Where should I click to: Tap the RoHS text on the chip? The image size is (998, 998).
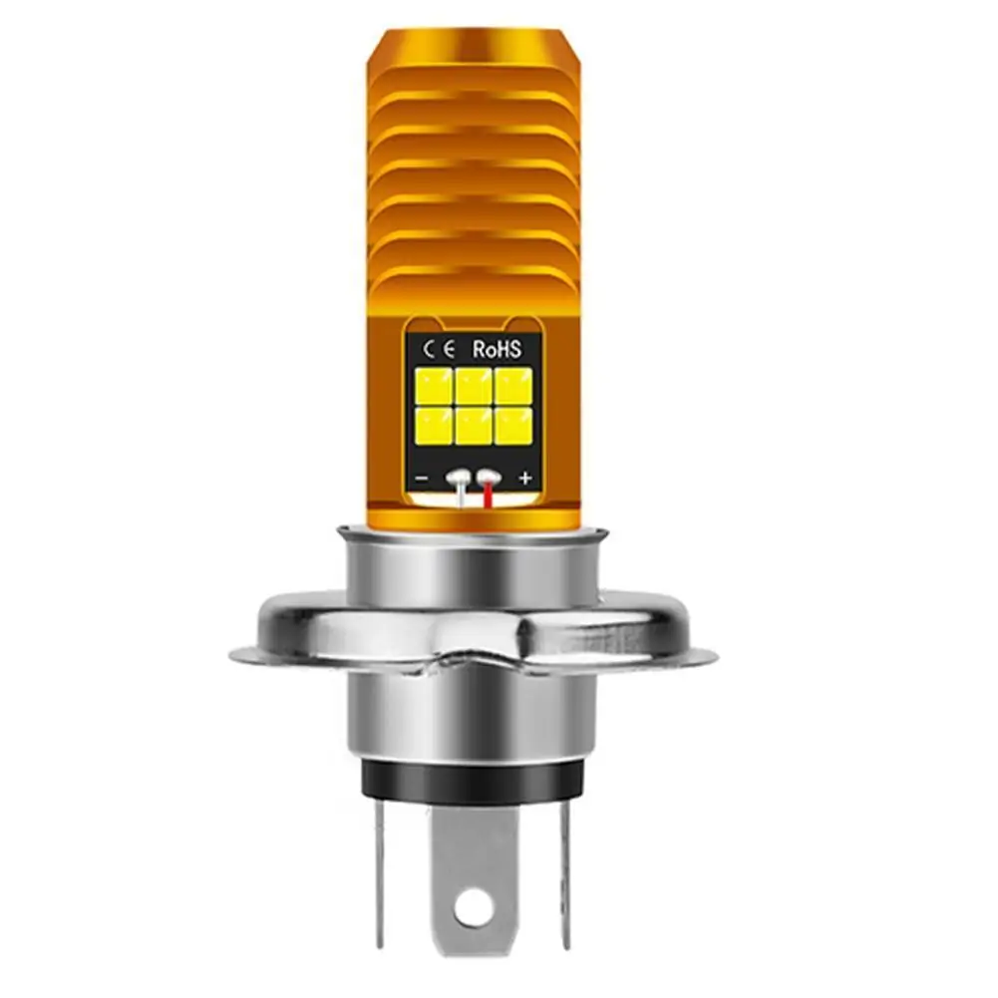[x=504, y=348]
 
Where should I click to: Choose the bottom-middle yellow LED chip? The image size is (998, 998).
[x=474, y=426]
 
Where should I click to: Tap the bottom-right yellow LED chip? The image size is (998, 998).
[x=514, y=426]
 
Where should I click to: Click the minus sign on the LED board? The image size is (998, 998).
[x=422, y=479]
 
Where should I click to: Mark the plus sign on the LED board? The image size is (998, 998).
[x=525, y=479]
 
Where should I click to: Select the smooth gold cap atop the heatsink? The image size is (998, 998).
[x=475, y=50]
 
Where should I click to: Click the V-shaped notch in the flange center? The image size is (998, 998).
[x=475, y=653]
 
